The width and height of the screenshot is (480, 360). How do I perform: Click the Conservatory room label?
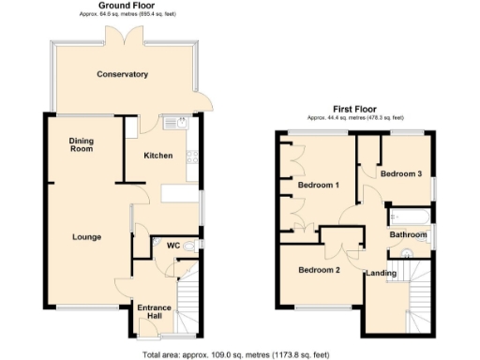coord(123,74)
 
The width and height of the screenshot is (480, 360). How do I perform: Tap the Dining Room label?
coord(82,144)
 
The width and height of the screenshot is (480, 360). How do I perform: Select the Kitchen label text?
coord(157,156)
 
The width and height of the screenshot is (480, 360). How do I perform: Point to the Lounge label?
coord(86,236)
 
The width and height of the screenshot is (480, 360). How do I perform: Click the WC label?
coord(172,246)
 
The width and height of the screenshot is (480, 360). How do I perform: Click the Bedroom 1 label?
coord(318,185)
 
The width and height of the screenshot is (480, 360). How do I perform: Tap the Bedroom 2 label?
coord(318,270)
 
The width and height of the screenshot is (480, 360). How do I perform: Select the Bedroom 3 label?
coord(400,173)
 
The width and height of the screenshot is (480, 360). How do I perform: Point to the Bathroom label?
coord(409,234)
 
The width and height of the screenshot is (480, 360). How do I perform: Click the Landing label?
coord(381,274)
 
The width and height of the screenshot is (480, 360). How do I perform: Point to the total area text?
coord(235,354)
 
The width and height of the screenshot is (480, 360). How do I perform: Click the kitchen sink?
coord(174,123)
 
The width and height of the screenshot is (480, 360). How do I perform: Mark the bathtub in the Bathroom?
coord(409,217)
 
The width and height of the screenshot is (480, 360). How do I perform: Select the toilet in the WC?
coord(190,246)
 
